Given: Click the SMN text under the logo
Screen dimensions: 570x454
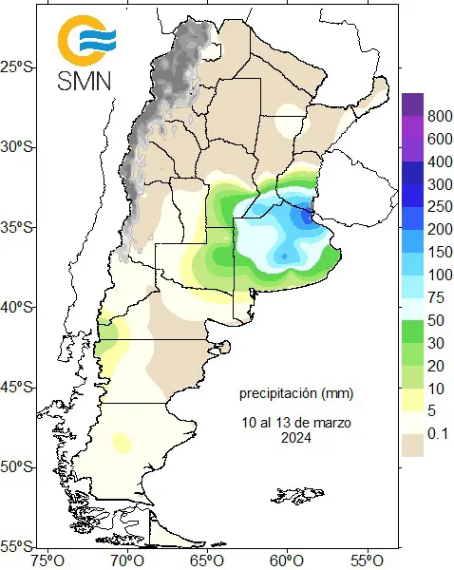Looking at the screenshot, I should (x=85, y=80).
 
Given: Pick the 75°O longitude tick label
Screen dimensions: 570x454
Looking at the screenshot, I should (x=48, y=559).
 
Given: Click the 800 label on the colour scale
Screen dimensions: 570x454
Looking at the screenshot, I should (x=439, y=116).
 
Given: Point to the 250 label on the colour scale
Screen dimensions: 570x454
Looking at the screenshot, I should (x=439, y=206).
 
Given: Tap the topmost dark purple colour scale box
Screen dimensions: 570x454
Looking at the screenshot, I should (x=411, y=104).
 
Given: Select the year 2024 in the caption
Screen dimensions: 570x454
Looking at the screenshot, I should (x=296, y=437).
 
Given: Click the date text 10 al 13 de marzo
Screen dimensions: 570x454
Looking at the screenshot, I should (x=296, y=422).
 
